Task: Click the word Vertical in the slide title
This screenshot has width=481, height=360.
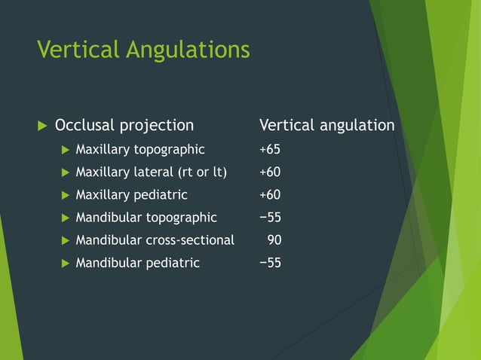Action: (x=78, y=50)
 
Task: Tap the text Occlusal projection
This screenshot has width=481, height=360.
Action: (x=124, y=125)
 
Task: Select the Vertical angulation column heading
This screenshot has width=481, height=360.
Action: (x=326, y=125)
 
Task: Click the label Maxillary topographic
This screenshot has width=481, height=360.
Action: (x=140, y=150)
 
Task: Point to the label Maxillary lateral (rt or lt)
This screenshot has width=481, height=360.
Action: (x=151, y=172)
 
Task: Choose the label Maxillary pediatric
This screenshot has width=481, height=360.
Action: (x=132, y=195)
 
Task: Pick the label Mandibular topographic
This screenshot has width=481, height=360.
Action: (x=146, y=218)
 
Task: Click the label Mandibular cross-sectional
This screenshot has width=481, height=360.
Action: (x=155, y=240)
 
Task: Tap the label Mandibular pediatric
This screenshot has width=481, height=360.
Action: (x=138, y=263)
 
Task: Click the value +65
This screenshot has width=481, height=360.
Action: (x=270, y=150)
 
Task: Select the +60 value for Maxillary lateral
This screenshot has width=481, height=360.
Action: (x=270, y=172)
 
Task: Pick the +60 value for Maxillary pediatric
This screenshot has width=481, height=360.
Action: (x=270, y=195)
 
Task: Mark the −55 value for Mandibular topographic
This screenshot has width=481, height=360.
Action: (x=270, y=218)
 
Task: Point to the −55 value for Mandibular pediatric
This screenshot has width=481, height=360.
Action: (x=270, y=263)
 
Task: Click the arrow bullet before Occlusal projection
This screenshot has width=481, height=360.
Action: (x=41, y=125)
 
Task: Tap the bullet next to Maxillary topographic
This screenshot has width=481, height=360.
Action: (x=65, y=150)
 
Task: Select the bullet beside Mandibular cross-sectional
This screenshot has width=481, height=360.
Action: (x=65, y=240)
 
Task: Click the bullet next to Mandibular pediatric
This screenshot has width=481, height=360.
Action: (x=65, y=263)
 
